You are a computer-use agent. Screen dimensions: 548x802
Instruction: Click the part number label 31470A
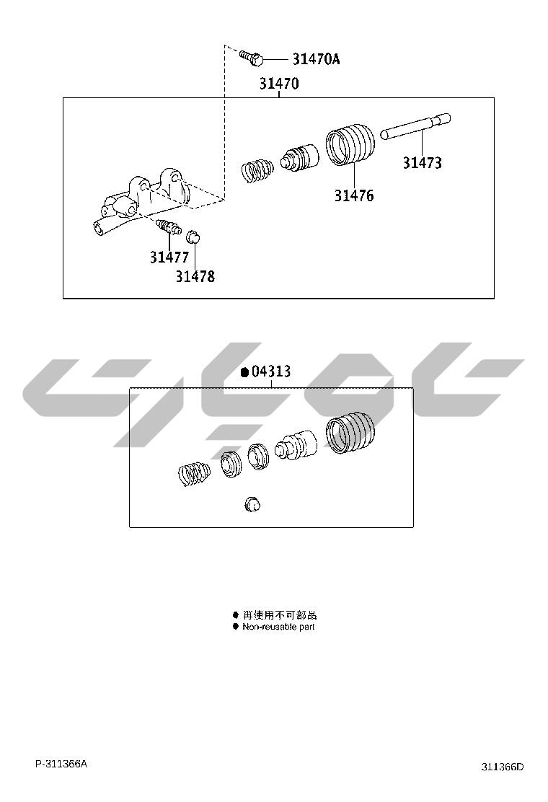pos(316,59)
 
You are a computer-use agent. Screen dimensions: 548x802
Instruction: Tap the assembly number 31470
pos(278,84)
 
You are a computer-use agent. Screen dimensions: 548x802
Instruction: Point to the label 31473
pos(423,163)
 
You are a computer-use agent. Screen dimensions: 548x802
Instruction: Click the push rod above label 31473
pos(416,126)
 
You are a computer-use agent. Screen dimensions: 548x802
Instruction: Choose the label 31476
pos(354,195)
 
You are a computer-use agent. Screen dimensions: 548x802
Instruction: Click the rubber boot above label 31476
pos(350,144)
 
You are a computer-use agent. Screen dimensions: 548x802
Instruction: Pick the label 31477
pos(169,257)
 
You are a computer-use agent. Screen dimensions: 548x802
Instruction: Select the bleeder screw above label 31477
pos(169,226)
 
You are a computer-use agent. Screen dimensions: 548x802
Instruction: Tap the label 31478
pos(195,276)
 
